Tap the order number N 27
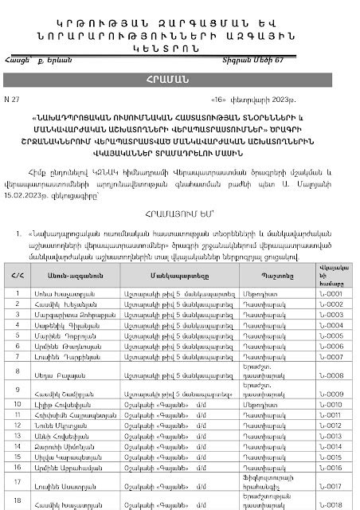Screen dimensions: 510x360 (20, 104)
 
